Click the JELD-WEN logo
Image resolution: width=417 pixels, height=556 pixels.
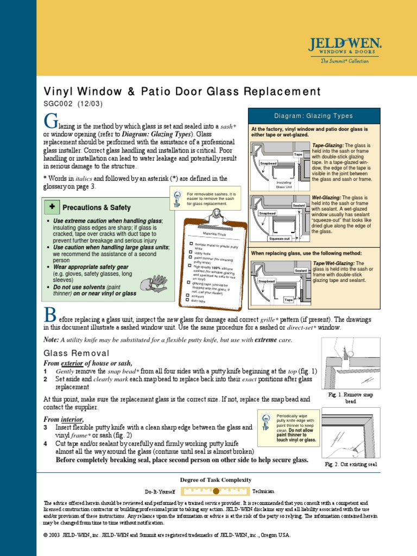click(345, 48)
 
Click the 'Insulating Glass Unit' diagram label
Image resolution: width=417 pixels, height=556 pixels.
click(284, 185)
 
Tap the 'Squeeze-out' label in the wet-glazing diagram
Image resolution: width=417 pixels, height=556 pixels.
click(280, 238)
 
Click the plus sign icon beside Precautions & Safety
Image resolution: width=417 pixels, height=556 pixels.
click(52, 207)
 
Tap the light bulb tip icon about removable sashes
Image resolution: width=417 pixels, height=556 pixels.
click(176, 198)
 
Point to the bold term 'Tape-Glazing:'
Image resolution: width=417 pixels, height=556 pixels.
click(328, 146)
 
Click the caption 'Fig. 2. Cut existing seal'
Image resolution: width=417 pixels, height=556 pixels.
click(350, 464)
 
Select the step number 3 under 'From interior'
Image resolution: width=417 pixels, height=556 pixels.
click(46, 428)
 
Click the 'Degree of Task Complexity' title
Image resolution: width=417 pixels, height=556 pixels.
click(216, 479)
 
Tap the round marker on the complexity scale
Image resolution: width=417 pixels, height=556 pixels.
click(216, 491)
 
